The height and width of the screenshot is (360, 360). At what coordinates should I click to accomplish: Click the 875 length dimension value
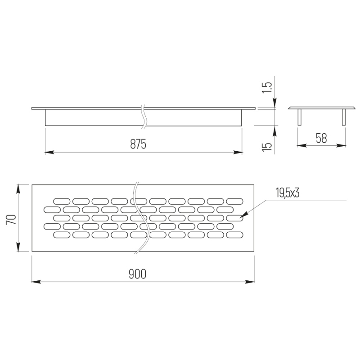pyautogui.click(x=138, y=144)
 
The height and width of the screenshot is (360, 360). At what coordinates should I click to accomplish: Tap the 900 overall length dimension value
pyautogui.click(x=137, y=274)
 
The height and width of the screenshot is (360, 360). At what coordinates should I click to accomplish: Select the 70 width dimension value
pyautogui.click(x=11, y=220)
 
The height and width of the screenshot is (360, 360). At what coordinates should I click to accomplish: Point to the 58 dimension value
pyautogui.click(x=321, y=138)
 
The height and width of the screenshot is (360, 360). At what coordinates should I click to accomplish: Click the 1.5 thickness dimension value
pyautogui.click(x=267, y=87)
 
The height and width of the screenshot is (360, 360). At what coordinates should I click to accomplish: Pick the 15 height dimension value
pyautogui.click(x=267, y=147)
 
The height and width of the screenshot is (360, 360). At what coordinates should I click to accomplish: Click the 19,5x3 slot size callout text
pyautogui.click(x=288, y=193)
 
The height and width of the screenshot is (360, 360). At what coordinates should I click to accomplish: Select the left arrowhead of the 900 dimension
pyautogui.click(x=36, y=282)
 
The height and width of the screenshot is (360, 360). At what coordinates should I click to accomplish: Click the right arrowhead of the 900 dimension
pyautogui.click(x=250, y=282)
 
